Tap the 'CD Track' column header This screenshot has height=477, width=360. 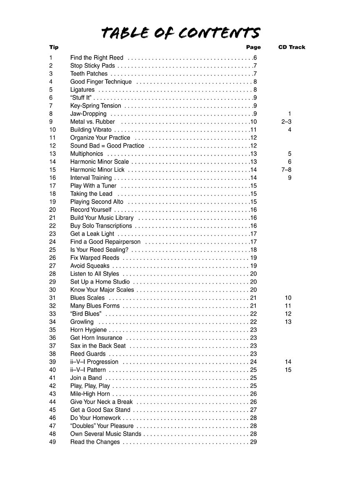291,47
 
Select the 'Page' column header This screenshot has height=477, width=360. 253,47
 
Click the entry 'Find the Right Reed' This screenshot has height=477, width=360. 97,58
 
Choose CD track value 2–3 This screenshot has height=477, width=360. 286,122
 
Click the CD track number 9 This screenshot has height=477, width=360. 289,178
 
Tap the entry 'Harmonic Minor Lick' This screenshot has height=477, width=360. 97,170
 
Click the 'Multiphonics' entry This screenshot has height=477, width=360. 87,154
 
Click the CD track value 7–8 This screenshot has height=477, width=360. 286,170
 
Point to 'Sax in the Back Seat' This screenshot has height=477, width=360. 98,346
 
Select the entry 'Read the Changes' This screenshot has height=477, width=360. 95,442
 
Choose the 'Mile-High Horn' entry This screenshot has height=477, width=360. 90,394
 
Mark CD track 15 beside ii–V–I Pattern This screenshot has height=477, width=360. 288,370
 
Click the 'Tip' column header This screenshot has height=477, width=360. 54,47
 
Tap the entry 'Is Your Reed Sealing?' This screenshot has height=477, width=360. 99,250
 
